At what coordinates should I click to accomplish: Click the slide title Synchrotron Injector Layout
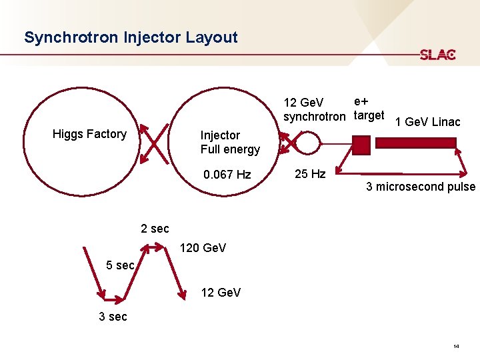tap(131, 37)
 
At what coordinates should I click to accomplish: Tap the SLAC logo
tap(437, 55)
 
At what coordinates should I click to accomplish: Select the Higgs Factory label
tap(89, 134)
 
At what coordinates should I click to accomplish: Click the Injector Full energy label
tap(230, 142)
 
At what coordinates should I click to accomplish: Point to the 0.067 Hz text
tap(227, 175)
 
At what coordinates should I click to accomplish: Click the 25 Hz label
tap(310, 174)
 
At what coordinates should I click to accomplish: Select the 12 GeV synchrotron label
tap(314, 109)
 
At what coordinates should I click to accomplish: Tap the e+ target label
tap(369, 108)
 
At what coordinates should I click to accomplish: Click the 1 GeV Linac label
tap(427, 121)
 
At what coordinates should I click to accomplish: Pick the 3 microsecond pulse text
tap(421, 187)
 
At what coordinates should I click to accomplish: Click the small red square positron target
tap(361, 144)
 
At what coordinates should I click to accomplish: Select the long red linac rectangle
tap(416, 143)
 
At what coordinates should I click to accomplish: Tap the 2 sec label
tap(155, 229)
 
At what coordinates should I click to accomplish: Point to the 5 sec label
tap(121, 265)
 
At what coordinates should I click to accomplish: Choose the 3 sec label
tap(113, 317)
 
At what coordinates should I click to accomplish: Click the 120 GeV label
tap(203, 248)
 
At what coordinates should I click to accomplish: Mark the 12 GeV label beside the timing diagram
tap(221, 293)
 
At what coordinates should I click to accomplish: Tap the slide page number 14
tap(455, 347)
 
